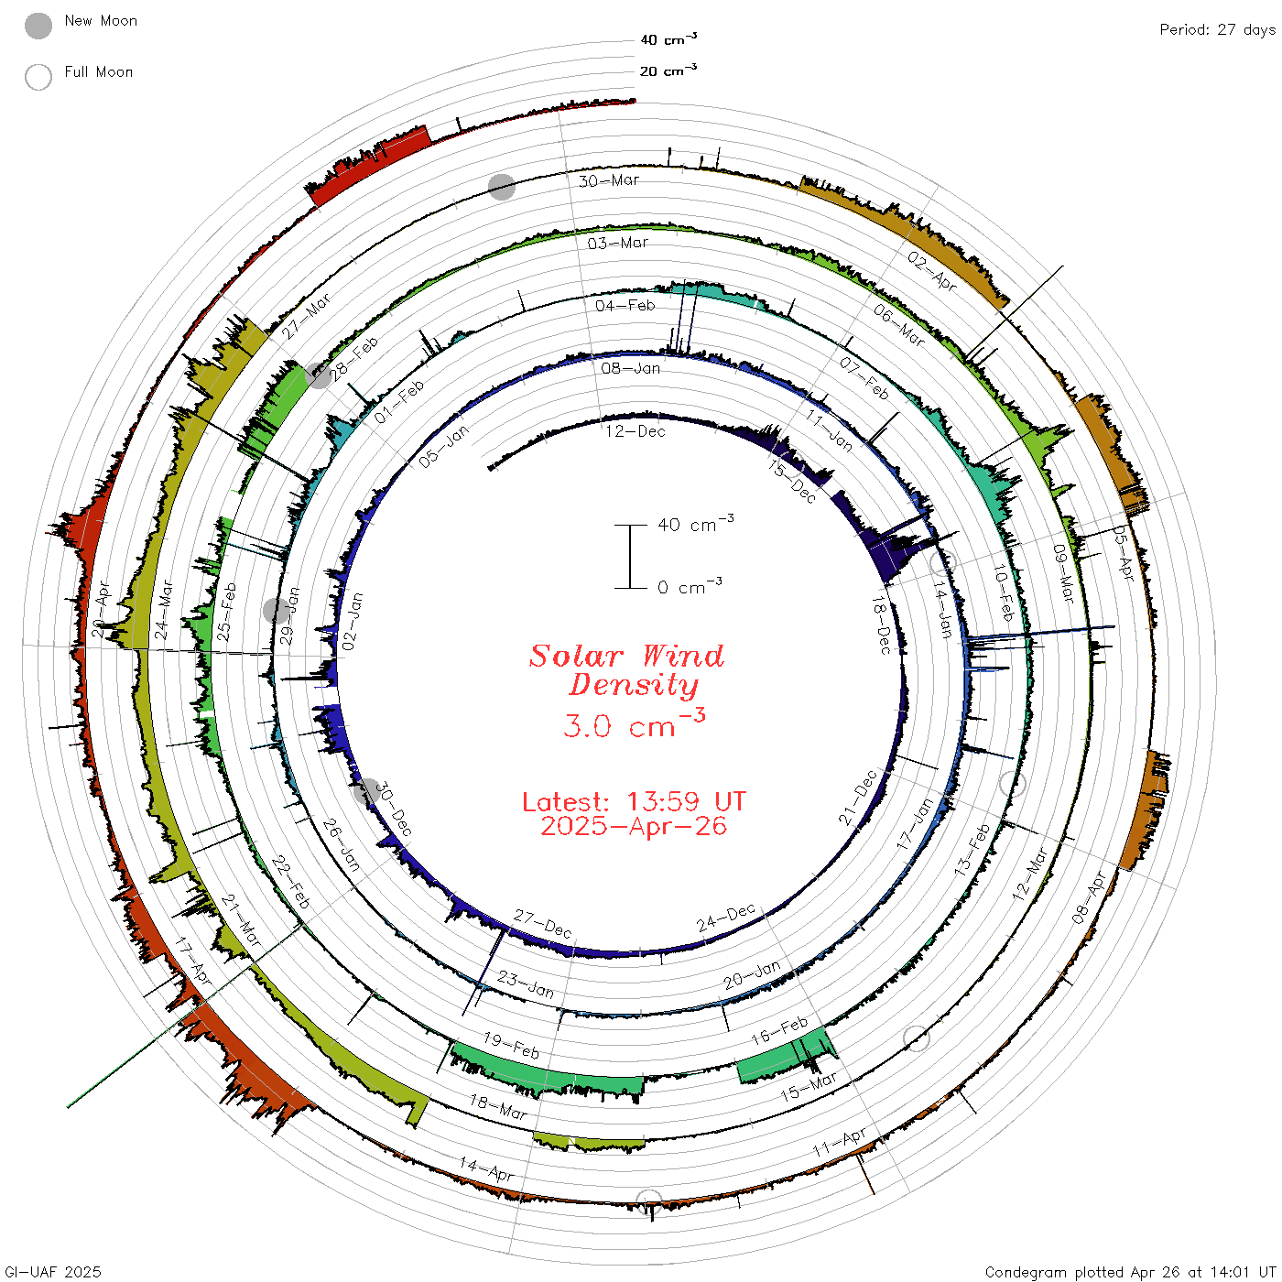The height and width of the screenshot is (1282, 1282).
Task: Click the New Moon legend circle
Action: [x=38, y=26]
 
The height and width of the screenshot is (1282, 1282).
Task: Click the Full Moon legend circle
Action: [x=38, y=77]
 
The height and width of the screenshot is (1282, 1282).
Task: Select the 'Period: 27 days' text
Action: [x=1217, y=30]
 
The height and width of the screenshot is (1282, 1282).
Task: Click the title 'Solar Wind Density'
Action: [x=626, y=670]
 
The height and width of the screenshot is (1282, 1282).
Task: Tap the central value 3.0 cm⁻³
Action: [x=634, y=723]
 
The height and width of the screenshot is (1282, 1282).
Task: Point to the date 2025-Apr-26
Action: [x=634, y=826]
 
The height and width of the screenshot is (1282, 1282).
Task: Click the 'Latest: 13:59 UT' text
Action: [x=634, y=801]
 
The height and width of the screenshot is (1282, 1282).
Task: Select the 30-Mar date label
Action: [x=608, y=180]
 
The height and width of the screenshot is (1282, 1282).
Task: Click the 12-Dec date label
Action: [x=635, y=431]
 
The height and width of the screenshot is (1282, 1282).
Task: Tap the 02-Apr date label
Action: [x=931, y=271]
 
